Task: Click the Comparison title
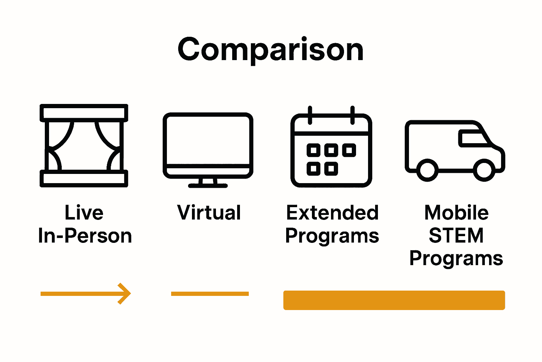(x=271, y=50)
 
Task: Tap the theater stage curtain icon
(x=84, y=145)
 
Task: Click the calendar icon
(x=331, y=148)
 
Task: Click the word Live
(x=84, y=213)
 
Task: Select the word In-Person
(x=85, y=236)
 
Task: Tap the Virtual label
(x=209, y=213)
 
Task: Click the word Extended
(x=332, y=213)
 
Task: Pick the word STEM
(x=456, y=236)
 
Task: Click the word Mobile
(x=456, y=213)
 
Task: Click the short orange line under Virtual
(x=210, y=294)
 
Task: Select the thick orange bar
(x=394, y=300)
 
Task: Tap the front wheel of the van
(x=484, y=170)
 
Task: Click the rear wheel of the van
(x=427, y=170)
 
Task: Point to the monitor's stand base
(x=208, y=185)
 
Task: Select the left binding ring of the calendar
(x=310, y=115)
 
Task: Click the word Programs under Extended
(x=332, y=236)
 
